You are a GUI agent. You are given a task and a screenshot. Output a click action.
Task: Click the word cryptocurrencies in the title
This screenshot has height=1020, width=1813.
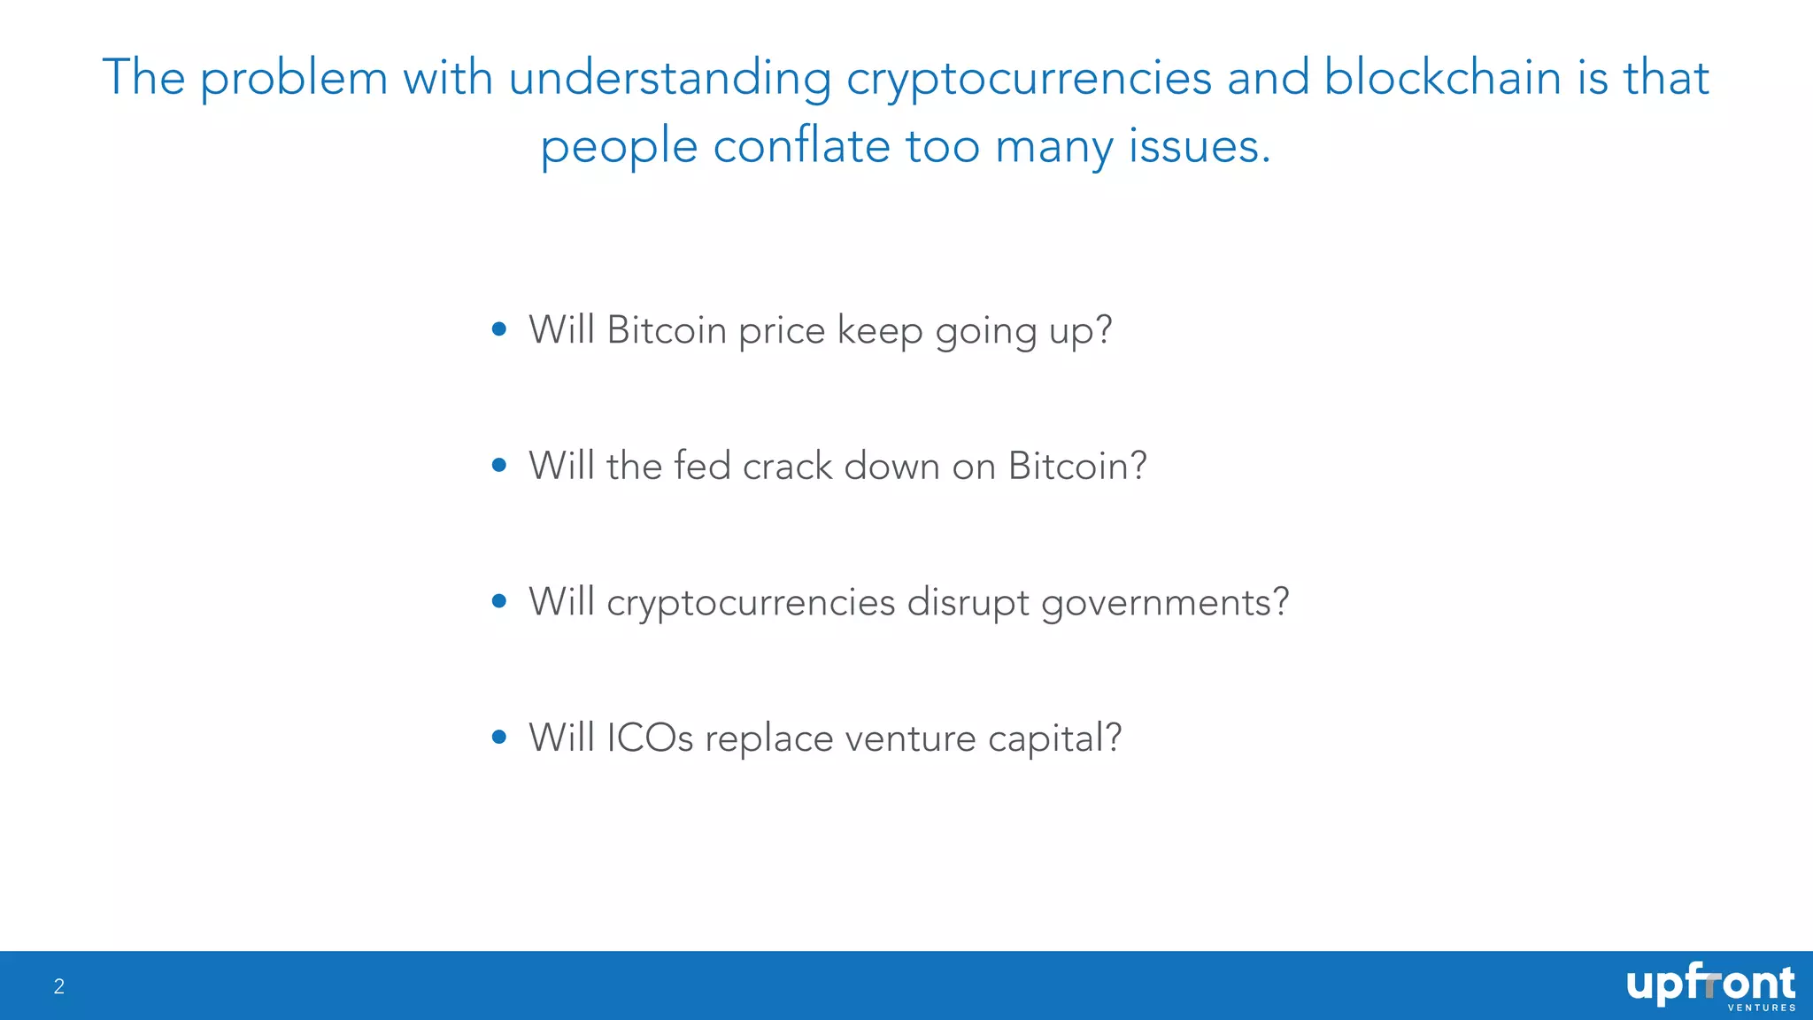(x=1029, y=78)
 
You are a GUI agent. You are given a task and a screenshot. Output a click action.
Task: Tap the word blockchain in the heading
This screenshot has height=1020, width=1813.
(x=1442, y=77)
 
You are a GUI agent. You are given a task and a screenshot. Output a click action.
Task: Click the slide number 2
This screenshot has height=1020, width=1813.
(x=59, y=986)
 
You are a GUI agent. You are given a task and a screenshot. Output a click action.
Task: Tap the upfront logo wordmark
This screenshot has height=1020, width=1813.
(x=1709, y=984)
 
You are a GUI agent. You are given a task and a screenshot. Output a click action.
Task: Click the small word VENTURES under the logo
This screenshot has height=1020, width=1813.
(x=1761, y=1008)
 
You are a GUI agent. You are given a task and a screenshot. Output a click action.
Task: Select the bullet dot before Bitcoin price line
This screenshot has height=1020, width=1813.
(x=499, y=329)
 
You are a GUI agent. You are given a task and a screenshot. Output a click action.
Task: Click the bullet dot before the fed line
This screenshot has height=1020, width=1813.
(x=499, y=465)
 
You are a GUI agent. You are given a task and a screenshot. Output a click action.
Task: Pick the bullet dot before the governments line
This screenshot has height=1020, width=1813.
(x=499, y=601)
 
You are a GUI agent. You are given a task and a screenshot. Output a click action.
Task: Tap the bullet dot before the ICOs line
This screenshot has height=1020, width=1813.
(x=499, y=737)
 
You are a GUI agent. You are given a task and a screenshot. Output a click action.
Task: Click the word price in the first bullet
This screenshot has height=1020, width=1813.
(x=782, y=331)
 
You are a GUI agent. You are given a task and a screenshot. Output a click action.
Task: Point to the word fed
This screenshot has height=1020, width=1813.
(x=702, y=466)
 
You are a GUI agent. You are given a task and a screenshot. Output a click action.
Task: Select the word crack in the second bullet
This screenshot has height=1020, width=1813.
(x=787, y=467)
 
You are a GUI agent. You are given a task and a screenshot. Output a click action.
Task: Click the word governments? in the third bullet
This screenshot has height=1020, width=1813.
(x=1164, y=603)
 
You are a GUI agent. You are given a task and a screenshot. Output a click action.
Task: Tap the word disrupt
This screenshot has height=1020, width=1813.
(x=968, y=603)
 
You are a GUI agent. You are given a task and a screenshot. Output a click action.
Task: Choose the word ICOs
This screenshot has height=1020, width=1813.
(x=650, y=738)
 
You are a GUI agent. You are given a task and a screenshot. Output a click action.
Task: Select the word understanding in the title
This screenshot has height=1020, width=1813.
(x=669, y=78)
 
